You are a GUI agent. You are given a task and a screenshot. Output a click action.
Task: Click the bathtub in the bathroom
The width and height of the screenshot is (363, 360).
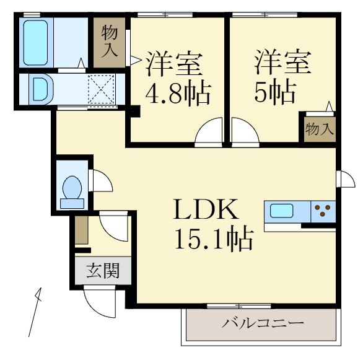(x=36, y=42)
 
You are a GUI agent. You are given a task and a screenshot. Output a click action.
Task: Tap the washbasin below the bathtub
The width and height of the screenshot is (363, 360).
(x=38, y=88)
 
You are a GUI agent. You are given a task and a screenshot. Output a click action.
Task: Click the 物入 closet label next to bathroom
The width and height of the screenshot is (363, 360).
(x=110, y=42)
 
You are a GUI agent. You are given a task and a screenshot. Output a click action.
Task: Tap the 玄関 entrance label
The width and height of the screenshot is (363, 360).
(x=102, y=271)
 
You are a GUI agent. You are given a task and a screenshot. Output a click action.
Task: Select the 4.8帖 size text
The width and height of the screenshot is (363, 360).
(x=177, y=94)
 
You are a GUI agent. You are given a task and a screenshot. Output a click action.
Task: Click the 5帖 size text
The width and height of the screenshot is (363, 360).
(x=273, y=94)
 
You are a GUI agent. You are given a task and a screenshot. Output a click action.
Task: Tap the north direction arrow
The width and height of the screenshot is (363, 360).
(x=37, y=313)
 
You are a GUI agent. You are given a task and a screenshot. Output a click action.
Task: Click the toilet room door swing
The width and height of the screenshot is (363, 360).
(x=100, y=181)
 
